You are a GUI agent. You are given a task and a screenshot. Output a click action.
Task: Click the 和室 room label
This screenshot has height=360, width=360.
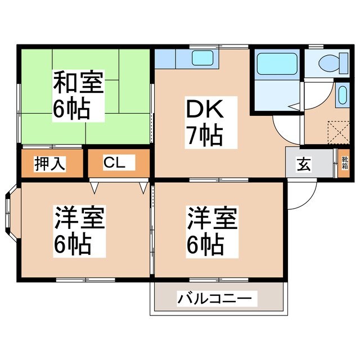point(78,83)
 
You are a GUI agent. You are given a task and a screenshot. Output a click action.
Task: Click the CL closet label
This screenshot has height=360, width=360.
point(119,163)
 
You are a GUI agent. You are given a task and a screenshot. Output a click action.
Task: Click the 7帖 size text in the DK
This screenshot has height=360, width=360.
point(204,136)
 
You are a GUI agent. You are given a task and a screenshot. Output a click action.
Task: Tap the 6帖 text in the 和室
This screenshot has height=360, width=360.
point(71,109)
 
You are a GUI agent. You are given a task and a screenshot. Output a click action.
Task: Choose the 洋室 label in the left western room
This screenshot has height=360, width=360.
point(79,217)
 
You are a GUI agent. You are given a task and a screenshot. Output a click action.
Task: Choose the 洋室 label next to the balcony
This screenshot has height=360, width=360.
point(213,217)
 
